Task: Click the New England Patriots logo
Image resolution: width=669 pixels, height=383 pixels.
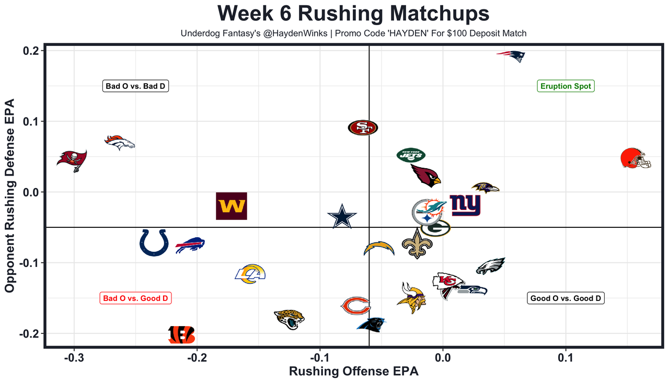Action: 511,56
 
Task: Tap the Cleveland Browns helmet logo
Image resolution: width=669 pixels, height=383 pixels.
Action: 636,158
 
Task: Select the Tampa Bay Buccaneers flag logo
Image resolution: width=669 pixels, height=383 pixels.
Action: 72,160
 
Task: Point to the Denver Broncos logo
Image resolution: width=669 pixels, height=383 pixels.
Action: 120,142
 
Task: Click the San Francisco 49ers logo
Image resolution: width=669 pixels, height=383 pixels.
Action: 363,127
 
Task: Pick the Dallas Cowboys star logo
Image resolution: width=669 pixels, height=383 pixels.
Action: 342,217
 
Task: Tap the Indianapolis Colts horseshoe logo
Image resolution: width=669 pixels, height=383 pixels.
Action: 154,242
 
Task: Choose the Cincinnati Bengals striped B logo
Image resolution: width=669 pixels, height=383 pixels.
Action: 181,334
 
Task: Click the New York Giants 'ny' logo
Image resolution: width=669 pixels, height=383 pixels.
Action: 465,205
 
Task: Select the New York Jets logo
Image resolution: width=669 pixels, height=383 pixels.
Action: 411,155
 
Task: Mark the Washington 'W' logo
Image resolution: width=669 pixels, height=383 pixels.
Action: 232,206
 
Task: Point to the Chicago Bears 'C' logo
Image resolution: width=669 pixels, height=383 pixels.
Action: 355,306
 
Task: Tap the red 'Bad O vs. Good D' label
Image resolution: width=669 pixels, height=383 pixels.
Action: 136,298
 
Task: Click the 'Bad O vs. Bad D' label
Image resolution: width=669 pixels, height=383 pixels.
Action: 136,86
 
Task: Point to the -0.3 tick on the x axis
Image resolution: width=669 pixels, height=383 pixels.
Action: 74,359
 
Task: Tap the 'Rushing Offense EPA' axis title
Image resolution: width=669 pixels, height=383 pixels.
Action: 354,372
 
